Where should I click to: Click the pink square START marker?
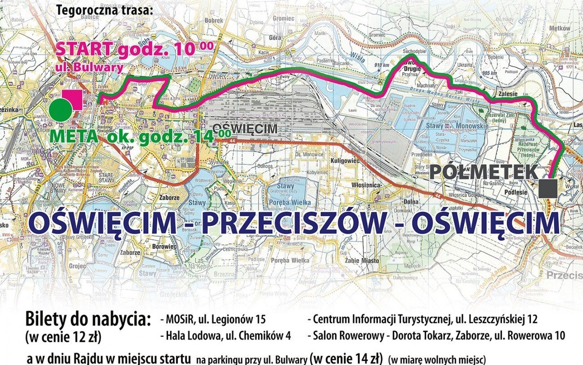pyautogui.click(x=72, y=100)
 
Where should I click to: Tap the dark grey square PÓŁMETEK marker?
pyautogui.click(x=548, y=188)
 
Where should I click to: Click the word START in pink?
pyautogui.click(x=84, y=49)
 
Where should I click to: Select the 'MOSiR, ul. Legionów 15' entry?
pyautogui.click(x=213, y=320)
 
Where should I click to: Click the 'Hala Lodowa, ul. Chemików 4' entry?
pyautogui.click(x=225, y=335)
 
